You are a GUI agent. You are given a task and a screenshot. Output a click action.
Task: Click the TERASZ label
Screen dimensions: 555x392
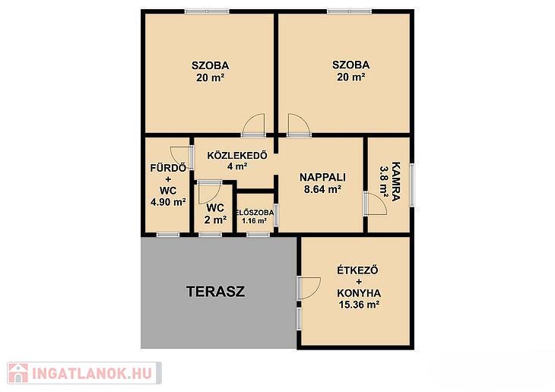tap(216, 292)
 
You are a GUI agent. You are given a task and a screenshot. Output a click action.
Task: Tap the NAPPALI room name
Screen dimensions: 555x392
tap(322, 177)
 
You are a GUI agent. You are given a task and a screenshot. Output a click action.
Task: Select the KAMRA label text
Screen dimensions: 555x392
tap(396, 181)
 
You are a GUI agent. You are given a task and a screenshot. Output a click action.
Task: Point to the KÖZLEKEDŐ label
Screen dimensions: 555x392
tap(237, 155)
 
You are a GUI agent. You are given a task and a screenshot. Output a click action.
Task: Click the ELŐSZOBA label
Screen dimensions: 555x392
tap(255, 213)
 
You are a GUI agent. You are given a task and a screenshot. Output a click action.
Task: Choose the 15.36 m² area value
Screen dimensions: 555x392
tap(360, 305)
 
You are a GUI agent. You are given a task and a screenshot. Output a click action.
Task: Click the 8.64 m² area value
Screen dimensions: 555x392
tap(322, 189)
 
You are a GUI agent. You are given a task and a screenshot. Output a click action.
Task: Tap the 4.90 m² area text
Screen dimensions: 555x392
tap(169, 202)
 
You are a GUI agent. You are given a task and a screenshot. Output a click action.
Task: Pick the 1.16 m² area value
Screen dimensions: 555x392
tap(254, 221)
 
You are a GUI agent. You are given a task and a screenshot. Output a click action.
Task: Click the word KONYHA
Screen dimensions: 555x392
tap(359, 293)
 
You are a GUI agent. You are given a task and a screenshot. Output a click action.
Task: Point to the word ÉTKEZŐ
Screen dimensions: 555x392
tap(357, 270)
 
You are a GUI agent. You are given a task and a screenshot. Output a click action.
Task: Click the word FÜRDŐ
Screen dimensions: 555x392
tap(168, 167)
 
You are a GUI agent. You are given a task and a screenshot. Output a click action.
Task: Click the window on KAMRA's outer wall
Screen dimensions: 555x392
tap(412, 185)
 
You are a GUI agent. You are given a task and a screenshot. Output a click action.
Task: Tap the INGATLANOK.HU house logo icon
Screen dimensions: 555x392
tap(17, 373)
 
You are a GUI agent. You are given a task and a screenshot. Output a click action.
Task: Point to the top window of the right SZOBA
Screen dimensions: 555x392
tap(349, 11)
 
